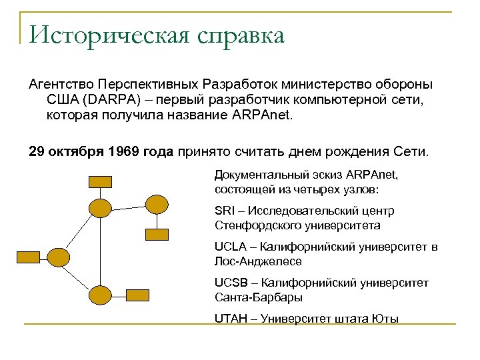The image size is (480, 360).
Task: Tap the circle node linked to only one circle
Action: tap(157, 203)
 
